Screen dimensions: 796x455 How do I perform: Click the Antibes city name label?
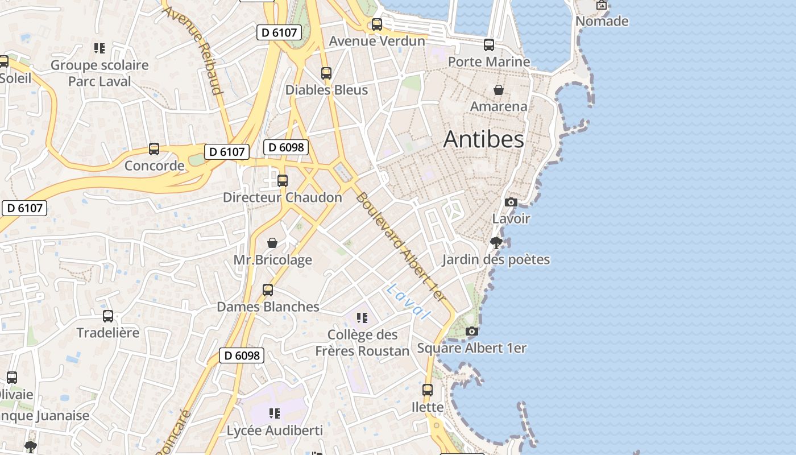click(483, 139)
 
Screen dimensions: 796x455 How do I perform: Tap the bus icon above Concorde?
click(154, 149)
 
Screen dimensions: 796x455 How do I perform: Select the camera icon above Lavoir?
click(511, 202)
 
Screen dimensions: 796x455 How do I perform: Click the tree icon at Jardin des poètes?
click(496, 243)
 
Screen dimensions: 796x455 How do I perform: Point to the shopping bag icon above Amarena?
click(499, 90)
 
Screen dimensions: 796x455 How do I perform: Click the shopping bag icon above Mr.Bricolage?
click(272, 243)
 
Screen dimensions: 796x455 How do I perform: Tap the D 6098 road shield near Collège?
click(242, 355)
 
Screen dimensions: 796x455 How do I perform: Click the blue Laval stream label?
click(408, 301)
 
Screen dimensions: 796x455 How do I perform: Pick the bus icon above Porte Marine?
click(489, 45)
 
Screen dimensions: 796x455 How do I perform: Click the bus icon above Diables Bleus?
click(326, 73)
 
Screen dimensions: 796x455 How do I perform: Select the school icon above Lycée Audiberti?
click(275, 413)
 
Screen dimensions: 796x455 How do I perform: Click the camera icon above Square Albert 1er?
click(471, 331)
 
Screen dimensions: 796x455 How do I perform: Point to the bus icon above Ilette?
click(428, 390)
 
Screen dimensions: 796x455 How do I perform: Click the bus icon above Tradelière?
click(108, 316)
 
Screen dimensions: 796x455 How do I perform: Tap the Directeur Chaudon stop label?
click(283, 197)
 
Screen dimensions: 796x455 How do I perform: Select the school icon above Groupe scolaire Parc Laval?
click(100, 48)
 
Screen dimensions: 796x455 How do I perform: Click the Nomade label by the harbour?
click(602, 22)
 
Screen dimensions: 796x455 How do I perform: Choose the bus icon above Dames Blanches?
click(268, 290)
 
